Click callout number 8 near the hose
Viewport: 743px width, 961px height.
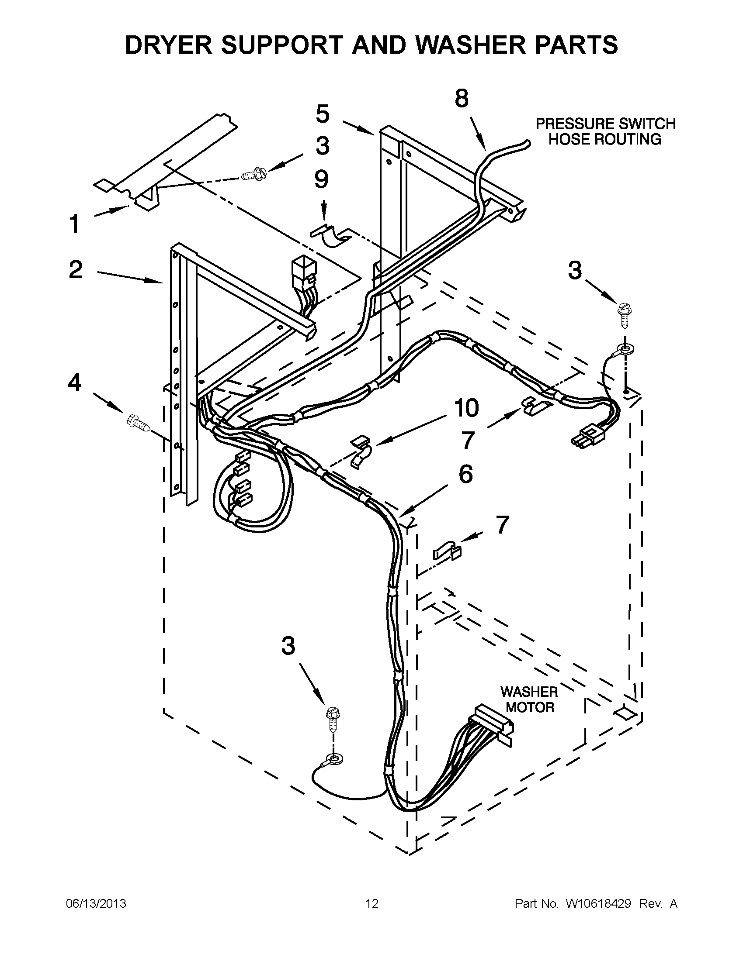pyautogui.click(x=461, y=99)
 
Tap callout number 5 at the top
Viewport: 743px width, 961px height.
pyautogui.click(x=323, y=114)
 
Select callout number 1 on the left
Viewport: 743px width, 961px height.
pyautogui.click(x=74, y=224)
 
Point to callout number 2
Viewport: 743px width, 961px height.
pyautogui.click(x=76, y=269)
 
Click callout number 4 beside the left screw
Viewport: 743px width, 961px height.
pyautogui.click(x=74, y=382)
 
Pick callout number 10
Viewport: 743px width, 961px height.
pyautogui.click(x=466, y=408)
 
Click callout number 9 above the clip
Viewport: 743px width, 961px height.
pyautogui.click(x=322, y=179)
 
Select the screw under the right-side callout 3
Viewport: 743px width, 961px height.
pyautogui.click(x=624, y=315)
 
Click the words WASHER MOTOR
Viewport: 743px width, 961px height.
pyautogui.click(x=529, y=699)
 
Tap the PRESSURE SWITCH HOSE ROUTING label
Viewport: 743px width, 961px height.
pyautogui.click(x=605, y=131)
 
